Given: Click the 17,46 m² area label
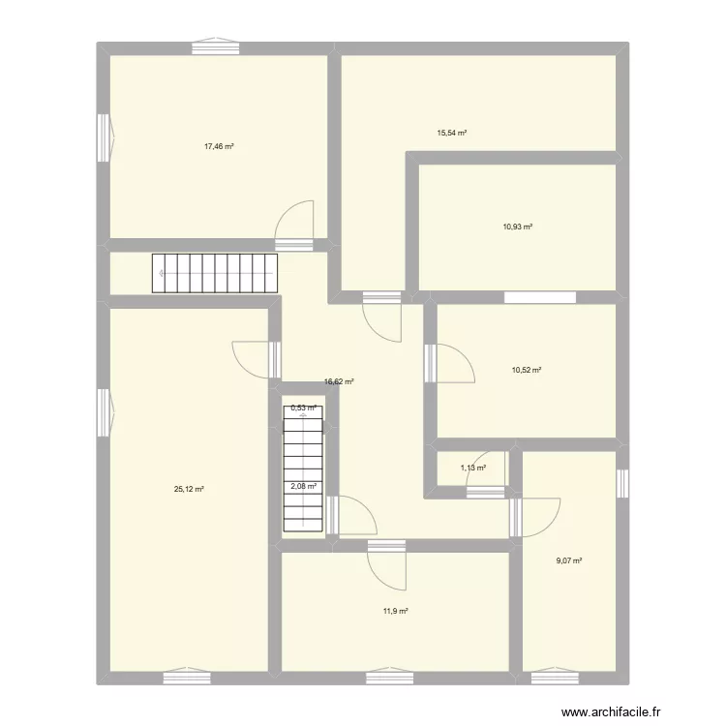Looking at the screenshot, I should [x=219, y=146].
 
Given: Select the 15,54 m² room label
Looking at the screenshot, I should [x=452, y=133].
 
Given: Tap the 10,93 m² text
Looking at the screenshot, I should [x=518, y=227].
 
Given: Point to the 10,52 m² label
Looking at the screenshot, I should [x=526, y=370].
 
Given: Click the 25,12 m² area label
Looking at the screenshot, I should [x=189, y=490].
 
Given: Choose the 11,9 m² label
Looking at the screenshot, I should [x=395, y=611].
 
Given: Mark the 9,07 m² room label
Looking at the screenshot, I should [x=568, y=560].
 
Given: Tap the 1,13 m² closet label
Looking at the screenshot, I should [x=472, y=469].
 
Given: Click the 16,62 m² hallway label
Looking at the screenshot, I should [x=339, y=382].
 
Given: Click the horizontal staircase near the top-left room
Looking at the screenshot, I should [x=214, y=273].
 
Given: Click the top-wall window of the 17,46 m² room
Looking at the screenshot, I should [x=215, y=44].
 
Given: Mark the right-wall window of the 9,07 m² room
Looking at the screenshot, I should [x=622, y=482].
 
